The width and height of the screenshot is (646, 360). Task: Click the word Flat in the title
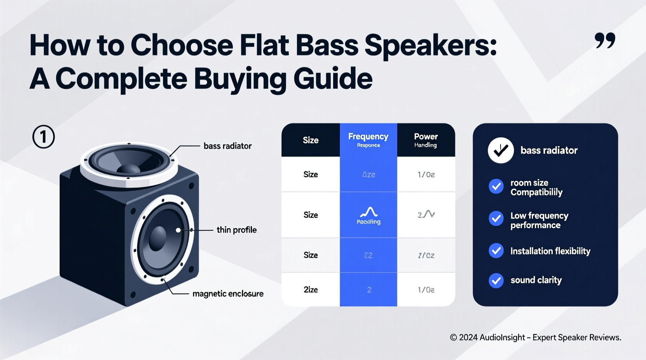pyautogui.click(x=264, y=45)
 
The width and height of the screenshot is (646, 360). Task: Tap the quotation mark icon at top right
pyautogui.click(x=605, y=41)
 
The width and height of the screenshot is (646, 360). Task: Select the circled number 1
pyautogui.click(x=43, y=137)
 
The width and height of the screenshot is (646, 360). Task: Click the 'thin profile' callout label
pyautogui.click(x=236, y=230)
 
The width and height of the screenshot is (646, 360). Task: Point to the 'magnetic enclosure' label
pyautogui.click(x=228, y=294)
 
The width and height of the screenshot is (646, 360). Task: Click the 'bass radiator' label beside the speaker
pyautogui.click(x=227, y=146)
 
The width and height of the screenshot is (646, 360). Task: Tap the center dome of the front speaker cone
pyautogui.click(x=158, y=238)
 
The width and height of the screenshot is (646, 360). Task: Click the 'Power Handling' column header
pyautogui.click(x=425, y=140)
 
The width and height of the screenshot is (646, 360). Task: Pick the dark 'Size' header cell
pyautogui.click(x=311, y=140)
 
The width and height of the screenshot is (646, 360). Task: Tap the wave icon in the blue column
pyautogui.click(x=368, y=212)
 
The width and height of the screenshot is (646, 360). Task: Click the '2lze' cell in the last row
pyautogui.click(x=311, y=289)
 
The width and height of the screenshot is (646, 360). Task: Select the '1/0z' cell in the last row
pyautogui.click(x=426, y=289)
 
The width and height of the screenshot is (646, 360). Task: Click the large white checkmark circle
pyautogui.click(x=501, y=150)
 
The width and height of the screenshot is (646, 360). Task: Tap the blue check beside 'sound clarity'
pyautogui.click(x=496, y=280)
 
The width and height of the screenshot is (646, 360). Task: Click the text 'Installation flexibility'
pyautogui.click(x=550, y=251)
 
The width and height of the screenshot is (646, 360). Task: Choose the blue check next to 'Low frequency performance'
pyautogui.click(x=496, y=219)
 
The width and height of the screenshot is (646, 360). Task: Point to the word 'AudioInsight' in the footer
pyautogui.click(x=502, y=337)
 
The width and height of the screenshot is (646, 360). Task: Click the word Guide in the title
pyautogui.click(x=333, y=79)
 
